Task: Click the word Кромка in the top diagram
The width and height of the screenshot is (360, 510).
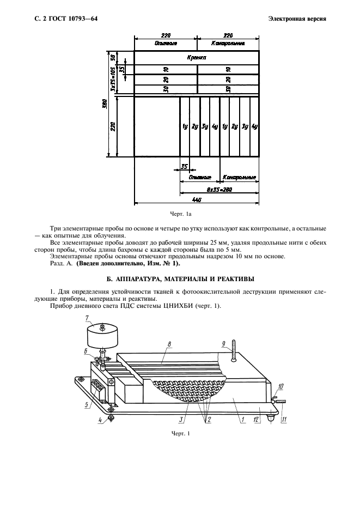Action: tap(196, 57)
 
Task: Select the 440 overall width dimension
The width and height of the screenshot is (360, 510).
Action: tap(196, 199)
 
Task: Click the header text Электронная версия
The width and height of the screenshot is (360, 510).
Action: tap(297, 19)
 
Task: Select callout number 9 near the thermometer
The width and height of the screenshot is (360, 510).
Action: tap(223, 343)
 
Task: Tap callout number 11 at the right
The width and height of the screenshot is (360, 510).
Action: tap(283, 420)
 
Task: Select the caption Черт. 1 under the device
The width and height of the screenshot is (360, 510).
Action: tap(180, 434)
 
